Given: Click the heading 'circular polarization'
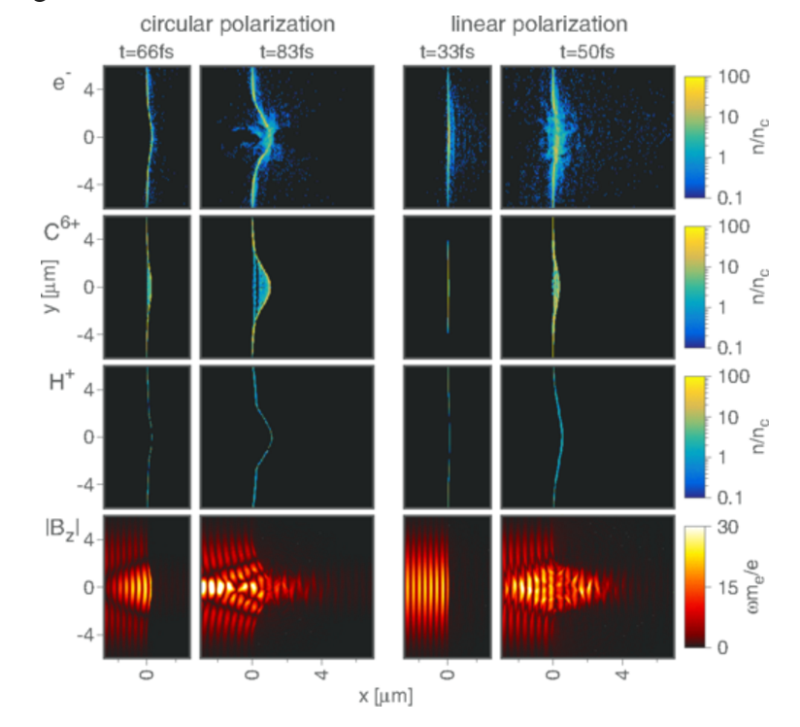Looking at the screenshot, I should (238, 22).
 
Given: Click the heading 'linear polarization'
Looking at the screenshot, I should (533, 22).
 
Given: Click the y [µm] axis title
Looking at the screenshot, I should (58, 287).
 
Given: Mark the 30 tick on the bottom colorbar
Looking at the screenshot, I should (729, 526).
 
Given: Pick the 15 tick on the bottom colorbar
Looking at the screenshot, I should (729, 587).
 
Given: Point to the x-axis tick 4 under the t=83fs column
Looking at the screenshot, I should (323, 673).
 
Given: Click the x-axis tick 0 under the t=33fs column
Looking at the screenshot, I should (447, 673).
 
